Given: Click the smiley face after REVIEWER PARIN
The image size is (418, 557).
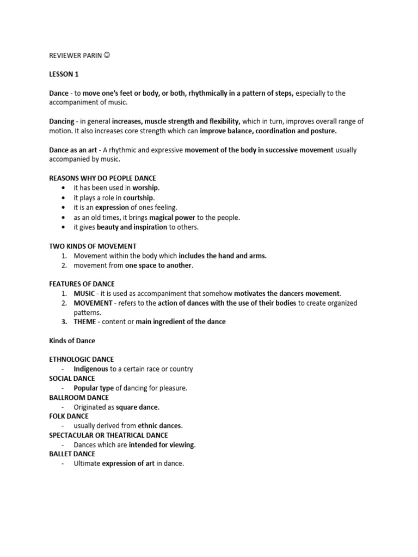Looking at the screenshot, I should [x=106, y=55].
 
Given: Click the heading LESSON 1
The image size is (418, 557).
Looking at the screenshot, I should [x=64, y=75].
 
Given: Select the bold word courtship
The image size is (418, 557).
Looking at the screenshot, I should [x=138, y=197].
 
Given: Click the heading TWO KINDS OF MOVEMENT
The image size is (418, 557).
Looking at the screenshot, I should [x=93, y=246].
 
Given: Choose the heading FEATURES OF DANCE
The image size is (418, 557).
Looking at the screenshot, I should [x=82, y=284].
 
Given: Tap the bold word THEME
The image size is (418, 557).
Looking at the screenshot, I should [x=85, y=321].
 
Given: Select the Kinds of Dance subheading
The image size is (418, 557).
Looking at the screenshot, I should [x=72, y=341].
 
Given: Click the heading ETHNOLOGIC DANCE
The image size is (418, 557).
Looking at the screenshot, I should [x=82, y=360].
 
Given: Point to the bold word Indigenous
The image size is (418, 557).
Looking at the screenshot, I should [x=91, y=369].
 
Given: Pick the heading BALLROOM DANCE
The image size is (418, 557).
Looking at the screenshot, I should [x=79, y=398].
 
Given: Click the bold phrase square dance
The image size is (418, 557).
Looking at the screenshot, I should [x=137, y=407].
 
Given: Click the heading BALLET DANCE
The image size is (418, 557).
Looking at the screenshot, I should [x=72, y=454].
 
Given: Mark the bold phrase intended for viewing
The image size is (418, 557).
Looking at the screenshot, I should [x=161, y=444].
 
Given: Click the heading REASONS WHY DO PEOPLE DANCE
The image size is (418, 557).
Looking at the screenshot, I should [x=102, y=178].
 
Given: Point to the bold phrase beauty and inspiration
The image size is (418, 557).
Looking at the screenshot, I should [x=132, y=227].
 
